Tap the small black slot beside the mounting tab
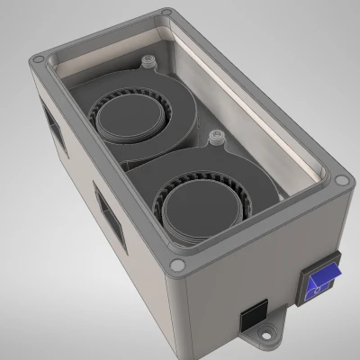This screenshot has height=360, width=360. [251, 316]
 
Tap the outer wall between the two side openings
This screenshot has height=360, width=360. [76, 175]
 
